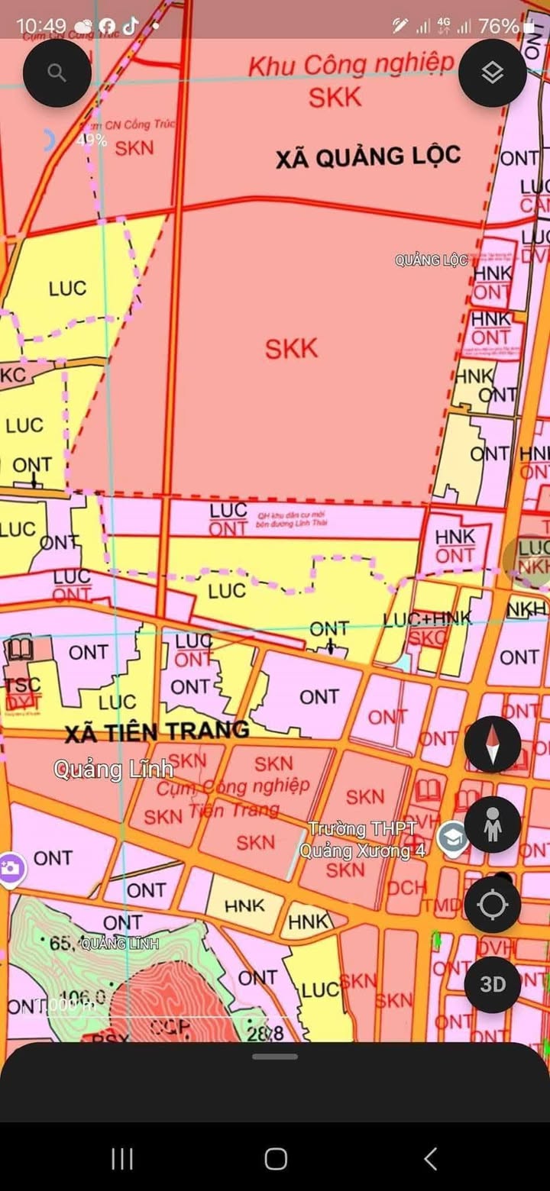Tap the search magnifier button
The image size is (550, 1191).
tap(57, 73)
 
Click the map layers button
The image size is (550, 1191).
tap(493, 73)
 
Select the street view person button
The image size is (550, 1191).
tap(493, 825)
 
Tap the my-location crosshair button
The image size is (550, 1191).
tap(493, 905)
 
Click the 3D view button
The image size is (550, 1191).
tap(493, 984)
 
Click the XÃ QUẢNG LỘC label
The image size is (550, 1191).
tap(368, 157)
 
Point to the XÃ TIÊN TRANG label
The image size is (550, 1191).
tap(157, 731)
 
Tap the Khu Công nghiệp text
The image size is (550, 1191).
tap(351, 66)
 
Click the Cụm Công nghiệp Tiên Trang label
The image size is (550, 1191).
tap(233, 794)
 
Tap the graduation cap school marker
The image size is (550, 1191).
tap(454, 839)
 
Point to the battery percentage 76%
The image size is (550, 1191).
tap(498, 27)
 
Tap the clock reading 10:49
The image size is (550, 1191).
tap(41, 27)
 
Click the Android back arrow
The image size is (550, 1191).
tap(431, 1159)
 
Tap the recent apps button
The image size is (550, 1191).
tap(122, 1159)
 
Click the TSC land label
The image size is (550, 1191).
tap(22, 685)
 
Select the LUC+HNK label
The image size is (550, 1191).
tap(428, 619)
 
